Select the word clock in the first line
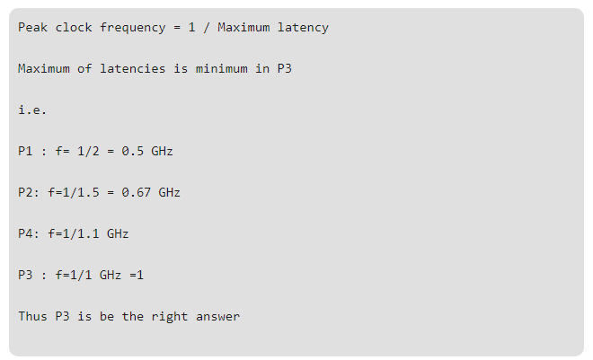74,28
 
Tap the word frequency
133,28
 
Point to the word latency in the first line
303,28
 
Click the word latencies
133,69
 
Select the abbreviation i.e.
32,110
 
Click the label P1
25,152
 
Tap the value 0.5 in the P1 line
133,152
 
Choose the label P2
25,193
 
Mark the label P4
25,234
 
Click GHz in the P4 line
118,234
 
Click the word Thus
32,317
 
